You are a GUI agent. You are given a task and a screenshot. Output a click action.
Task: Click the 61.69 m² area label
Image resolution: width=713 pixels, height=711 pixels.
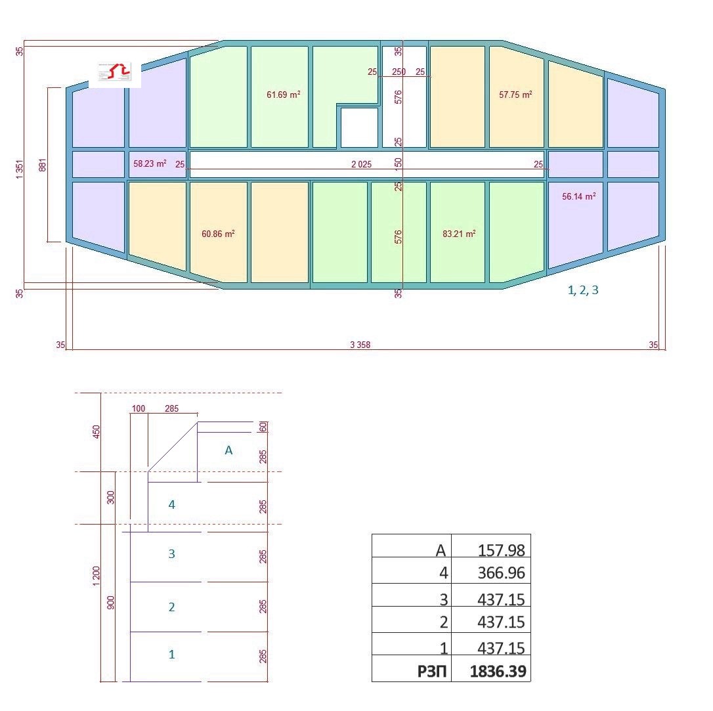click(x=283, y=95)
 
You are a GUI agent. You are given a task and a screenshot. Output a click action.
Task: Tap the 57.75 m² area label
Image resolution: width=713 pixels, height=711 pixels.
click(x=515, y=95)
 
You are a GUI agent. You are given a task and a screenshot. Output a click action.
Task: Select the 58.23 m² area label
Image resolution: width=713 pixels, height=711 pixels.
click(x=150, y=163)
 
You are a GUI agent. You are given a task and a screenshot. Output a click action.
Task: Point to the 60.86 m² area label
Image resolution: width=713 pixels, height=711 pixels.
click(x=218, y=234)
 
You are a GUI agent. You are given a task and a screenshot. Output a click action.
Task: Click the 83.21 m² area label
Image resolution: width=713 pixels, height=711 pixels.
click(x=460, y=234)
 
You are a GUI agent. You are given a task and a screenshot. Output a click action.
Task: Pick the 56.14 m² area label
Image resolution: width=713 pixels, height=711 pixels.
click(x=579, y=196)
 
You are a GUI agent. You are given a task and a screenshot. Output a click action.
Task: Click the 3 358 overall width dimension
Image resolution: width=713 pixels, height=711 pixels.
click(x=360, y=345)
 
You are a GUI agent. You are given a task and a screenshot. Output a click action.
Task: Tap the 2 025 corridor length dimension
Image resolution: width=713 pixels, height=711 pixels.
click(x=362, y=164)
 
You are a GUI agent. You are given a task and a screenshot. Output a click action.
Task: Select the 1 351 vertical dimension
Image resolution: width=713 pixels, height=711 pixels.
click(x=19, y=169)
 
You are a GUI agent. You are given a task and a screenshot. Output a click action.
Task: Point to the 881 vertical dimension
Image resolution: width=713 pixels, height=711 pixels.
click(x=43, y=165)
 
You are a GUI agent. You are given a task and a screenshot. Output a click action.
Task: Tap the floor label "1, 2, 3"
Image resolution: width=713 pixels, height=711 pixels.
click(x=583, y=290)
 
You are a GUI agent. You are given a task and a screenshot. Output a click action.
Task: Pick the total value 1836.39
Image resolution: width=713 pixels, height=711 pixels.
click(x=498, y=671)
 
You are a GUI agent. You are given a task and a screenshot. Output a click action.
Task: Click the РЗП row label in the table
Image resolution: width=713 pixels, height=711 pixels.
click(x=432, y=671)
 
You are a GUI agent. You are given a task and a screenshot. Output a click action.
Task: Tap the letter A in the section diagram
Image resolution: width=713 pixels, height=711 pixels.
click(x=228, y=450)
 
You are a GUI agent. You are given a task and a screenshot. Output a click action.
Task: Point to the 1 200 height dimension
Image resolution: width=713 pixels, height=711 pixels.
click(x=96, y=576)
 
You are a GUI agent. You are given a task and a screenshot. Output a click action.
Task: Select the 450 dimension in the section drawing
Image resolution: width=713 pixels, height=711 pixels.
click(x=96, y=432)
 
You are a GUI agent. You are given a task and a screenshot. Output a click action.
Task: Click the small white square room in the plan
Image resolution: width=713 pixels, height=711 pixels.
click(x=360, y=128)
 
